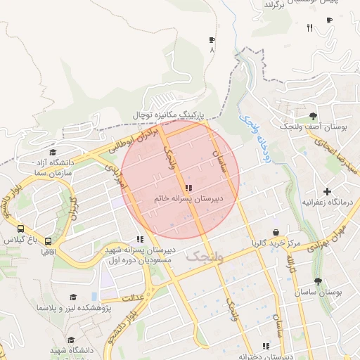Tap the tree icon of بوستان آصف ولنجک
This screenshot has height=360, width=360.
tap(312, 115)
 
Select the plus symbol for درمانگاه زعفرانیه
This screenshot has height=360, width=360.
tap(326, 191)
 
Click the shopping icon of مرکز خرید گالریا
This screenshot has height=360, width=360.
tap(276, 232)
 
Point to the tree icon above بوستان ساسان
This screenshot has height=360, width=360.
tap(318, 281)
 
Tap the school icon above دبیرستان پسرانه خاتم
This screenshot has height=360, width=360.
tap(188, 188)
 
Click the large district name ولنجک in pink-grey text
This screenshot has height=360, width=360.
tap(204, 257)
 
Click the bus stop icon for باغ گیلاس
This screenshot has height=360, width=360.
tap(20, 229)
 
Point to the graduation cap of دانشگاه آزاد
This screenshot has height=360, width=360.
tap(52, 152)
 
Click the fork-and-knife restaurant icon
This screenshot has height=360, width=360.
tap(309, 27)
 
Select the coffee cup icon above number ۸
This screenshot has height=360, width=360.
tap(212, 40)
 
